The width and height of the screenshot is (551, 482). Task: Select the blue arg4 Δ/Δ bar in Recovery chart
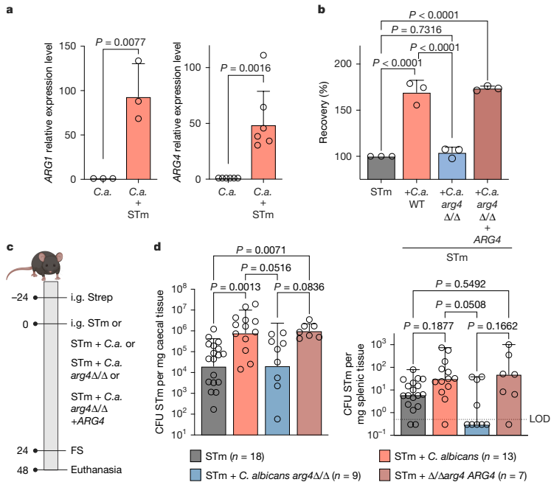coord(453,165)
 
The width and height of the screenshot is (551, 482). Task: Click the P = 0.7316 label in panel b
coord(417,29)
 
